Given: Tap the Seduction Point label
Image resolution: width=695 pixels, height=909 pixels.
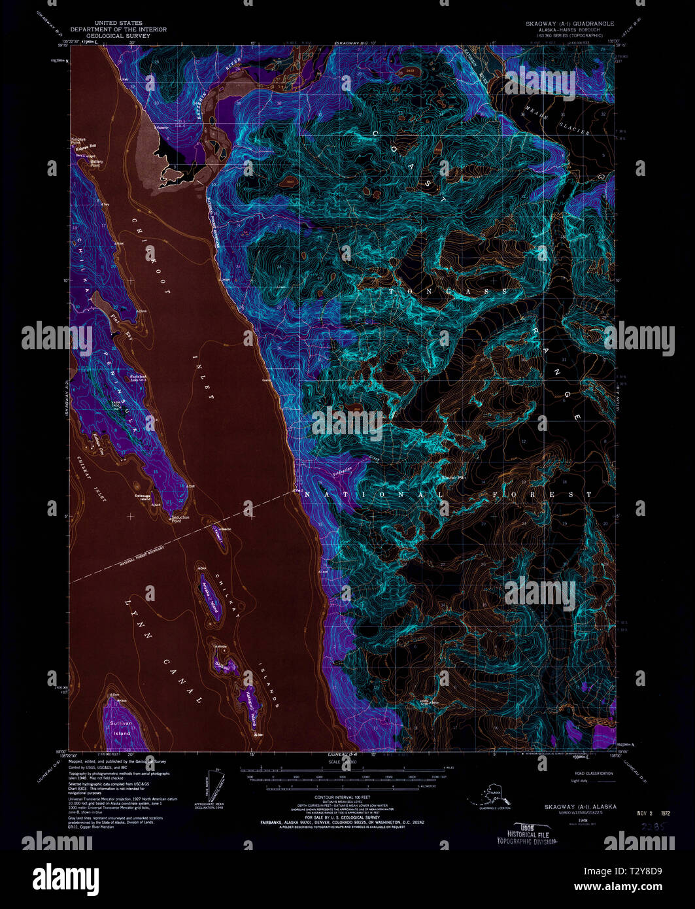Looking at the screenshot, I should (180, 519).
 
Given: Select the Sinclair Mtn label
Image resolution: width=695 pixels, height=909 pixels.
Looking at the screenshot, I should (454, 477).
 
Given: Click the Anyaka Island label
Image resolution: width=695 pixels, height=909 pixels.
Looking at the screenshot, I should (211, 596).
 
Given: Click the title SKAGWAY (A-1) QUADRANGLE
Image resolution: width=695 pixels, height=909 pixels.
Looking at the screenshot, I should (570, 23).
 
